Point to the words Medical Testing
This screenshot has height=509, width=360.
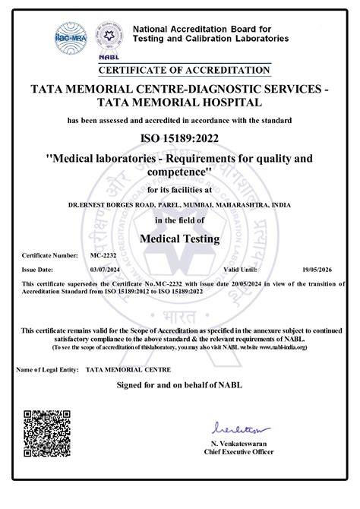pyautogui.click(x=180, y=239)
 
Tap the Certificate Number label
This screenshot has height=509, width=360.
pyautogui.click(x=49, y=256)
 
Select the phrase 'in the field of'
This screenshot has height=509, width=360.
pyautogui.click(x=180, y=220)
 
